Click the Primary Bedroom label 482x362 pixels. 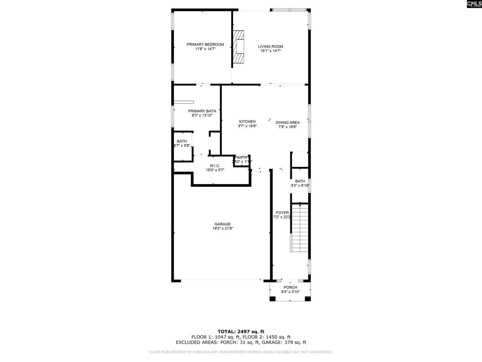point(205,44)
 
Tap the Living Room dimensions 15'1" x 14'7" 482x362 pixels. point(270,51)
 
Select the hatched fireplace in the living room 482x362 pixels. point(239,47)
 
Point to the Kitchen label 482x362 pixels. point(247,121)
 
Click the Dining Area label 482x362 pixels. point(288,122)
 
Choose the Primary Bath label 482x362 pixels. point(202,111)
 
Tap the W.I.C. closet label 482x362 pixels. point(215,166)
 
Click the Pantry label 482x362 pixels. point(242,157)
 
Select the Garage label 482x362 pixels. point(223,224)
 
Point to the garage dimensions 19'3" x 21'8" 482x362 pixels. point(223,229)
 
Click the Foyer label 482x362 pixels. point(282,213)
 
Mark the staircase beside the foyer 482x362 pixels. point(300,228)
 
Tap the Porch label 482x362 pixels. point(290,287)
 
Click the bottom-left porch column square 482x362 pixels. point(272,299)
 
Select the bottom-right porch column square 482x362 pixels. point(308,299)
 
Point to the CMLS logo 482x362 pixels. point(474,4)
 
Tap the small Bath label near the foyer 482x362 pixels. point(300,181)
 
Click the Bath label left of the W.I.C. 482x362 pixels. point(182,141)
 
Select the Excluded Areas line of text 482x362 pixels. point(241,342)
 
